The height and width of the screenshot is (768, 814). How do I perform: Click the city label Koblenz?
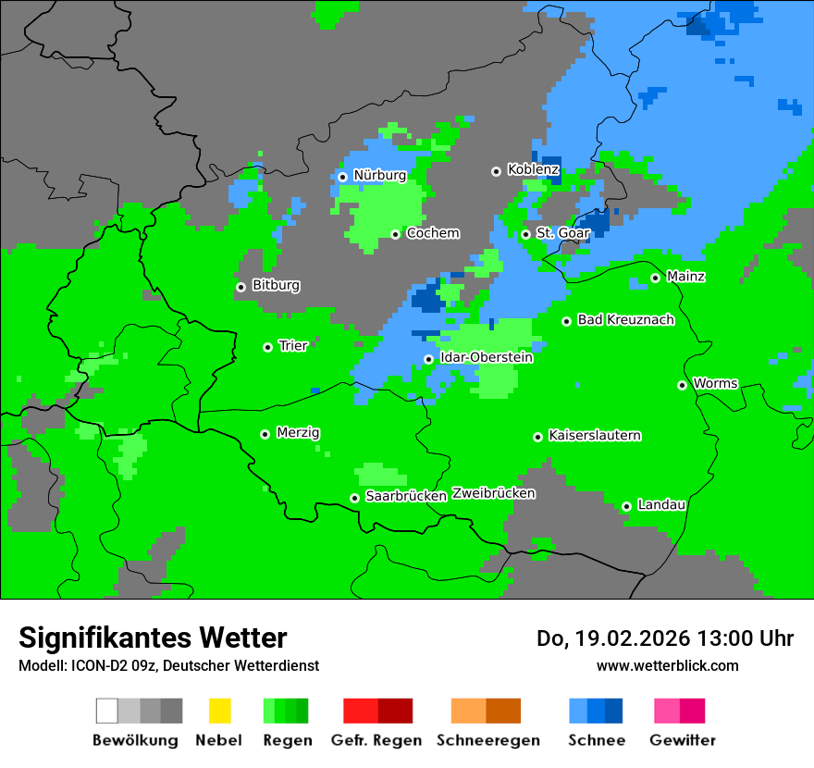pos(533,170)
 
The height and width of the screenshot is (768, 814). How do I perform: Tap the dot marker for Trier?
pos(267,347)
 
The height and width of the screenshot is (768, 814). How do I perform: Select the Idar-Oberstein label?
pos(487,357)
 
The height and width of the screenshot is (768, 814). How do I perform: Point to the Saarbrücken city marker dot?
pos(354,498)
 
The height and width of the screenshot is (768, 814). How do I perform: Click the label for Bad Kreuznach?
pos(625,320)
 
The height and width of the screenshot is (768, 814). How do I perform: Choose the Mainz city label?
pos(685,277)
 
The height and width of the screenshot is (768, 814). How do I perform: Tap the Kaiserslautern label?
pos(594,436)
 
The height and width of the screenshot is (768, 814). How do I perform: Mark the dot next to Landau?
pos(626,506)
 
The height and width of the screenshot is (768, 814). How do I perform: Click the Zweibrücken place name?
pos(493,494)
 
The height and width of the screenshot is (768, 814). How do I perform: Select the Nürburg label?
pos(379,175)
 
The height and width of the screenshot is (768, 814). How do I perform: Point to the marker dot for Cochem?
pos(395,234)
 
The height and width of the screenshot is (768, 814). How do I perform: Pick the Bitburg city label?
pos(276,286)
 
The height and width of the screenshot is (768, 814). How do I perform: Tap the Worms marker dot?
pos(682,385)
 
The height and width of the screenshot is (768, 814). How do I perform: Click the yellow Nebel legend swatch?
pos(219,711)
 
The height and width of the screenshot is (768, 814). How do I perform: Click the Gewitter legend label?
pos(682,740)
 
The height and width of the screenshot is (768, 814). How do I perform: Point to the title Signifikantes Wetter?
pos(153,638)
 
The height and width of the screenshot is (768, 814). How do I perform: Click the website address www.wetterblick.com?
pos(667,666)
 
